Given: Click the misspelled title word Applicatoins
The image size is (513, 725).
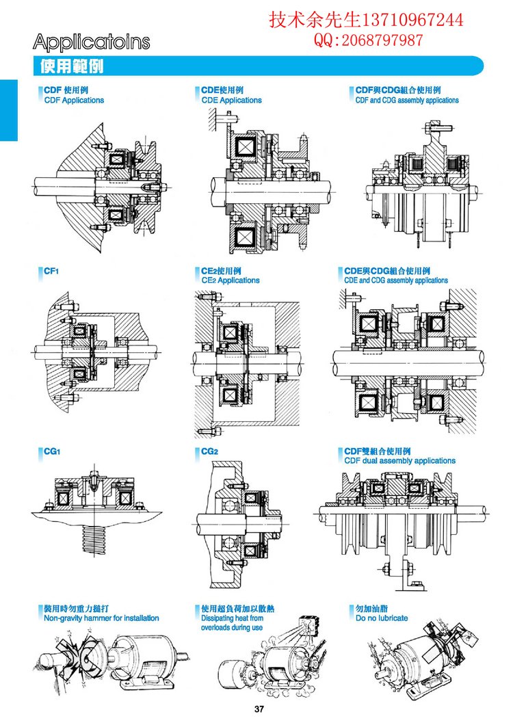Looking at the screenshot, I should click(x=91, y=42).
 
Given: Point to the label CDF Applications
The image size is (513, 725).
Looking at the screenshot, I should click(x=74, y=101).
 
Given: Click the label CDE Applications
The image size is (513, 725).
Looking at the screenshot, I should click(x=231, y=101).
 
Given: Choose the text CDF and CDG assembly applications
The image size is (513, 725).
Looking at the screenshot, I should click(x=407, y=101).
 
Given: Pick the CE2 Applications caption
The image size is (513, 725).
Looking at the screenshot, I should click(x=231, y=280).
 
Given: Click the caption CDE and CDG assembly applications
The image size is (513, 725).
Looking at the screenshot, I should click(x=396, y=280).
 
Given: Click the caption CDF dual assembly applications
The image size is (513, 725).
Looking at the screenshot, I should click(x=399, y=461).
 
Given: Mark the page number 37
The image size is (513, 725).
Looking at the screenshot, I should click(x=259, y=709).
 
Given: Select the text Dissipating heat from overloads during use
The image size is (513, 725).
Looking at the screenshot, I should click(x=232, y=622).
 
